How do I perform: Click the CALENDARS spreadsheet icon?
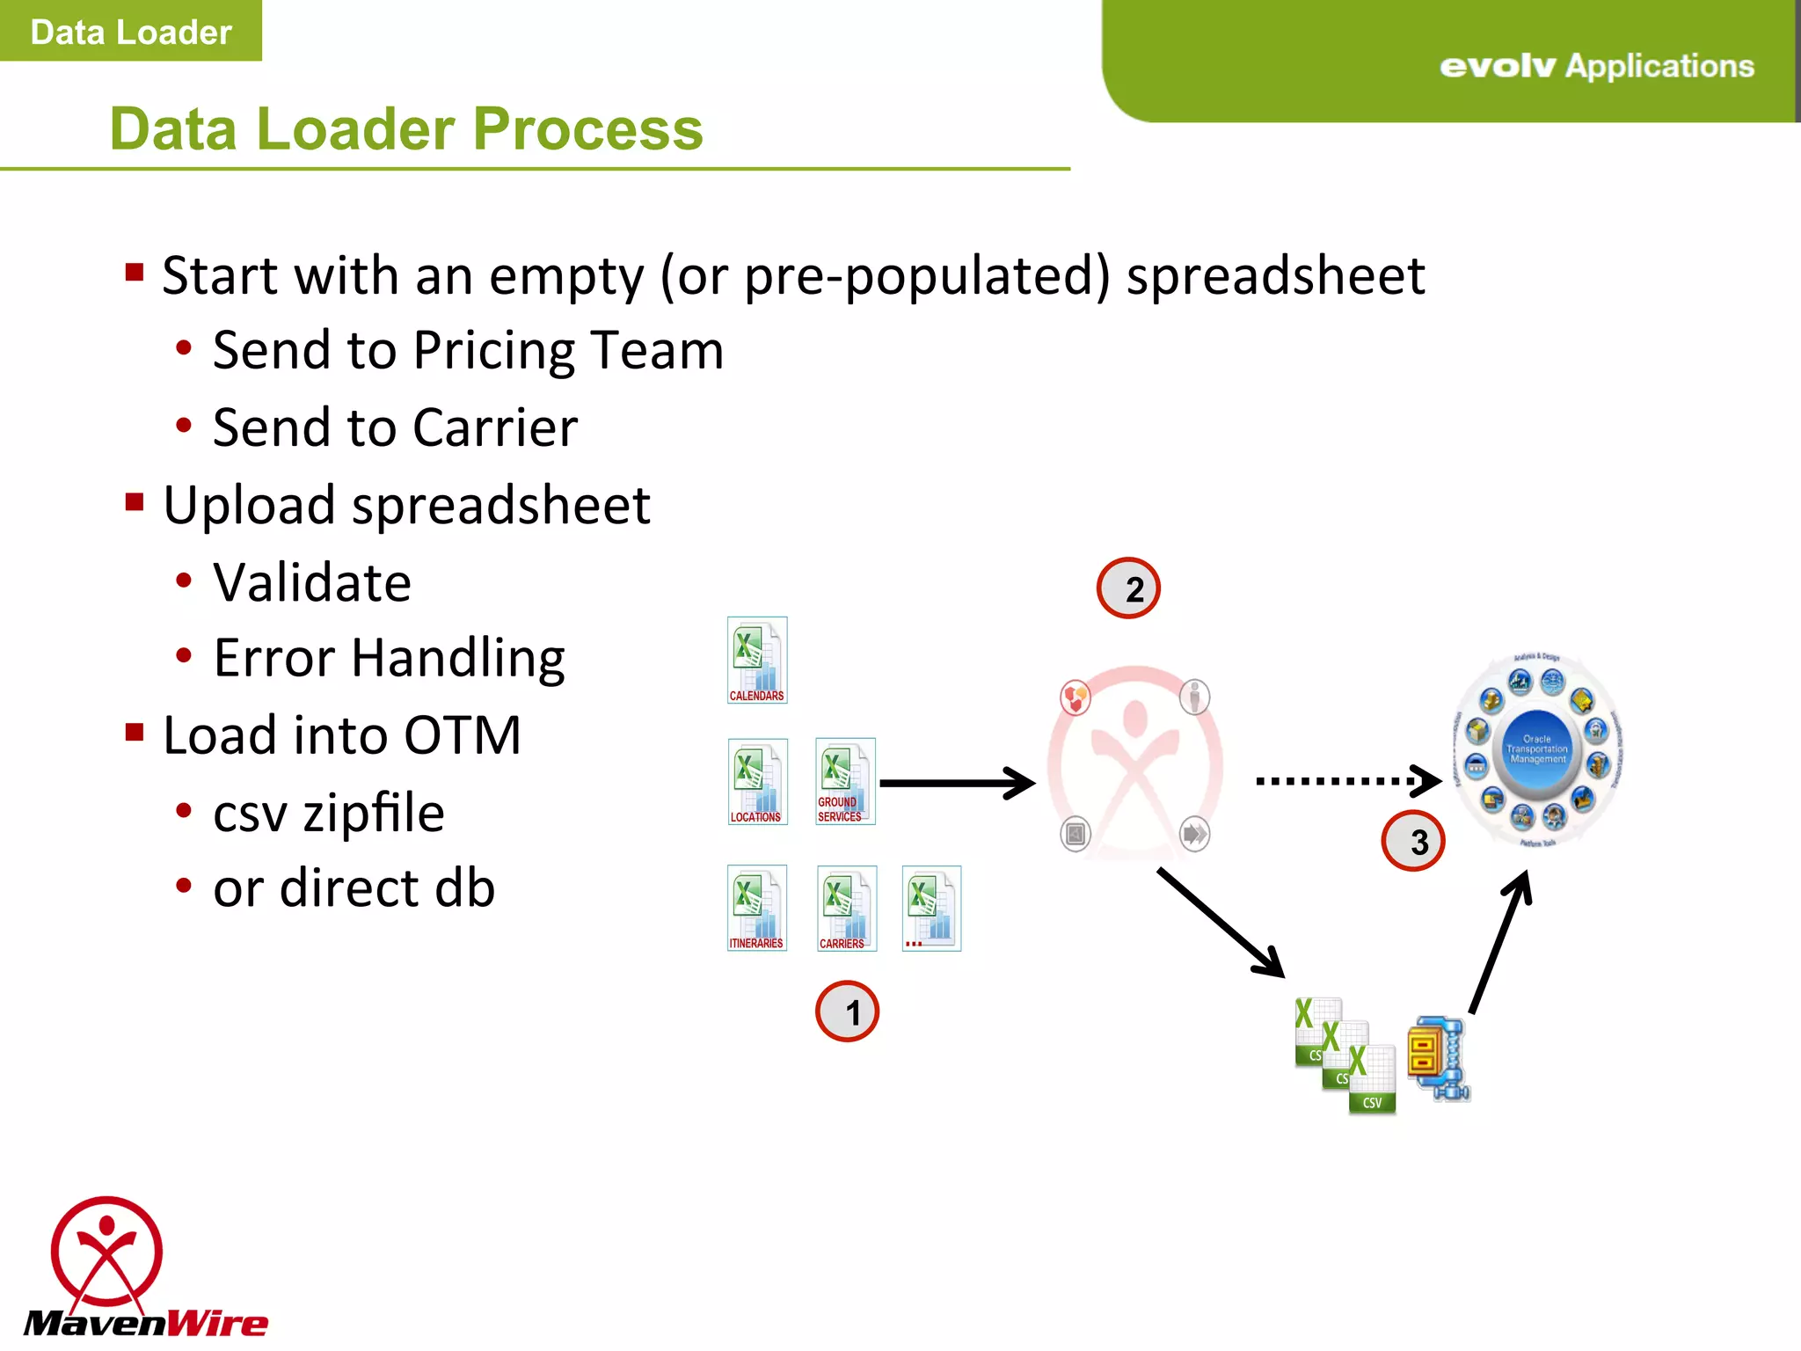tap(756, 661)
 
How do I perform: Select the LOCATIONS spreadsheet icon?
tap(757, 782)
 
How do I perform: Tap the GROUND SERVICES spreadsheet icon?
tap(844, 782)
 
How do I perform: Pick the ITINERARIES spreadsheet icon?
tap(756, 909)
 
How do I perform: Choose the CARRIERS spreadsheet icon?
tap(846, 909)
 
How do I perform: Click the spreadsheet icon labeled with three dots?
tap(931, 909)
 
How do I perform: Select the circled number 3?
tap(1413, 842)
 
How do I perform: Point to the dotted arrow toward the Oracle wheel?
tap(1345, 780)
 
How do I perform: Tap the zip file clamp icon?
tap(1439, 1059)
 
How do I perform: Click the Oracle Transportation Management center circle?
tap(1537, 749)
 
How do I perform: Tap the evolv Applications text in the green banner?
tap(1596, 66)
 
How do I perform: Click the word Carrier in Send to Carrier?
tap(495, 428)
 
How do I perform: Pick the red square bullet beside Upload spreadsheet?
tap(135, 502)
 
